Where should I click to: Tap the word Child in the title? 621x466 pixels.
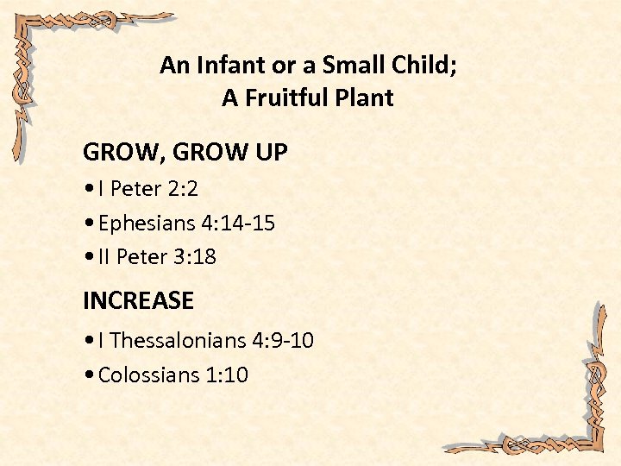(x=426, y=66)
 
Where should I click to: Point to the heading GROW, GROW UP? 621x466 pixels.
(x=185, y=154)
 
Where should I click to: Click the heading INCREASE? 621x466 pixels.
(x=138, y=301)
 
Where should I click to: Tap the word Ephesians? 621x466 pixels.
(x=147, y=224)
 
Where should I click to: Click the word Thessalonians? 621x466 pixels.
(x=179, y=341)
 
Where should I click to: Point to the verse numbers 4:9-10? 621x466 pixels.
(x=283, y=341)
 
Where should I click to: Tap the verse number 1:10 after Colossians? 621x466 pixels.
(x=227, y=375)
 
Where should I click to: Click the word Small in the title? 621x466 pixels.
(x=348, y=66)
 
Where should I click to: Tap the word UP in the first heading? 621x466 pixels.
(x=270, y=154)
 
